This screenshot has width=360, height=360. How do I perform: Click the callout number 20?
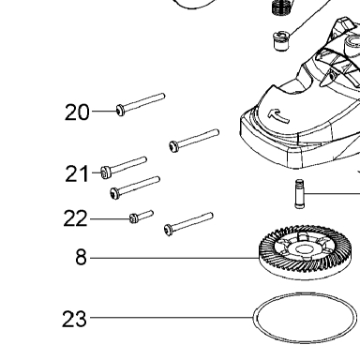pos(77,112)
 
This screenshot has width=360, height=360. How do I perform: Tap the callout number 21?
pos(77,173)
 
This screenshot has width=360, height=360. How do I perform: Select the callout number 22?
pos(75,218)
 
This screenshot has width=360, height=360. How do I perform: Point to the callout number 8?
pos(81,257)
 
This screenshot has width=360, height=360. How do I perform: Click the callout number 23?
pos(74,319)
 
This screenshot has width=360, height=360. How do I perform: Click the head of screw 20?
pos(121,110)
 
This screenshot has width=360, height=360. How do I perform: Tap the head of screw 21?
pos(106,172)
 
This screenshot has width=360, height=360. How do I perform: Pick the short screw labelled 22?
pos(142,217)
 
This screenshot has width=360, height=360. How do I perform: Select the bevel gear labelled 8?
pos(302,253)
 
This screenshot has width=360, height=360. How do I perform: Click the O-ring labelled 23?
pos(255,318)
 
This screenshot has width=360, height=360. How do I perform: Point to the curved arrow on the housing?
pos(278,115)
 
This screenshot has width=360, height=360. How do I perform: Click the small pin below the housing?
pos(299,194)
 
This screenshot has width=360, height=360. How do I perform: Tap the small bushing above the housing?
pos(281,40)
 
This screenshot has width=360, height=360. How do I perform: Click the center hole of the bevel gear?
pos(302,249)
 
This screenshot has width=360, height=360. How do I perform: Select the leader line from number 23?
pos(172,318)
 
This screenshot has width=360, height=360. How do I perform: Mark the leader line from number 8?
pos(174,258)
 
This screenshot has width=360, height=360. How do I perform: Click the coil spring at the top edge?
pos(280,7)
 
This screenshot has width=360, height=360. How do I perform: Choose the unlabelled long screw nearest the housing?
pos(194,141)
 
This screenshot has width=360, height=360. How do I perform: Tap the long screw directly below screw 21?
pos(135,187)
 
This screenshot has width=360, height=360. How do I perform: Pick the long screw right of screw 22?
pos(188,224)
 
